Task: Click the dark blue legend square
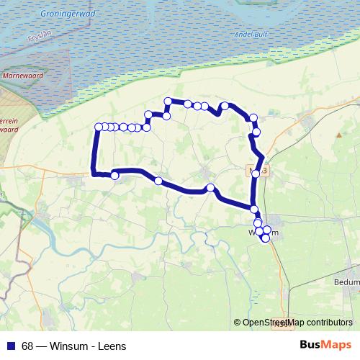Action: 10,346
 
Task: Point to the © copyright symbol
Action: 237,323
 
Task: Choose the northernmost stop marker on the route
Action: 168,102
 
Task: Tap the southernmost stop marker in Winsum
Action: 266,238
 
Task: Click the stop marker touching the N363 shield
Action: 255,174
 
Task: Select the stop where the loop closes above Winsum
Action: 254,209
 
